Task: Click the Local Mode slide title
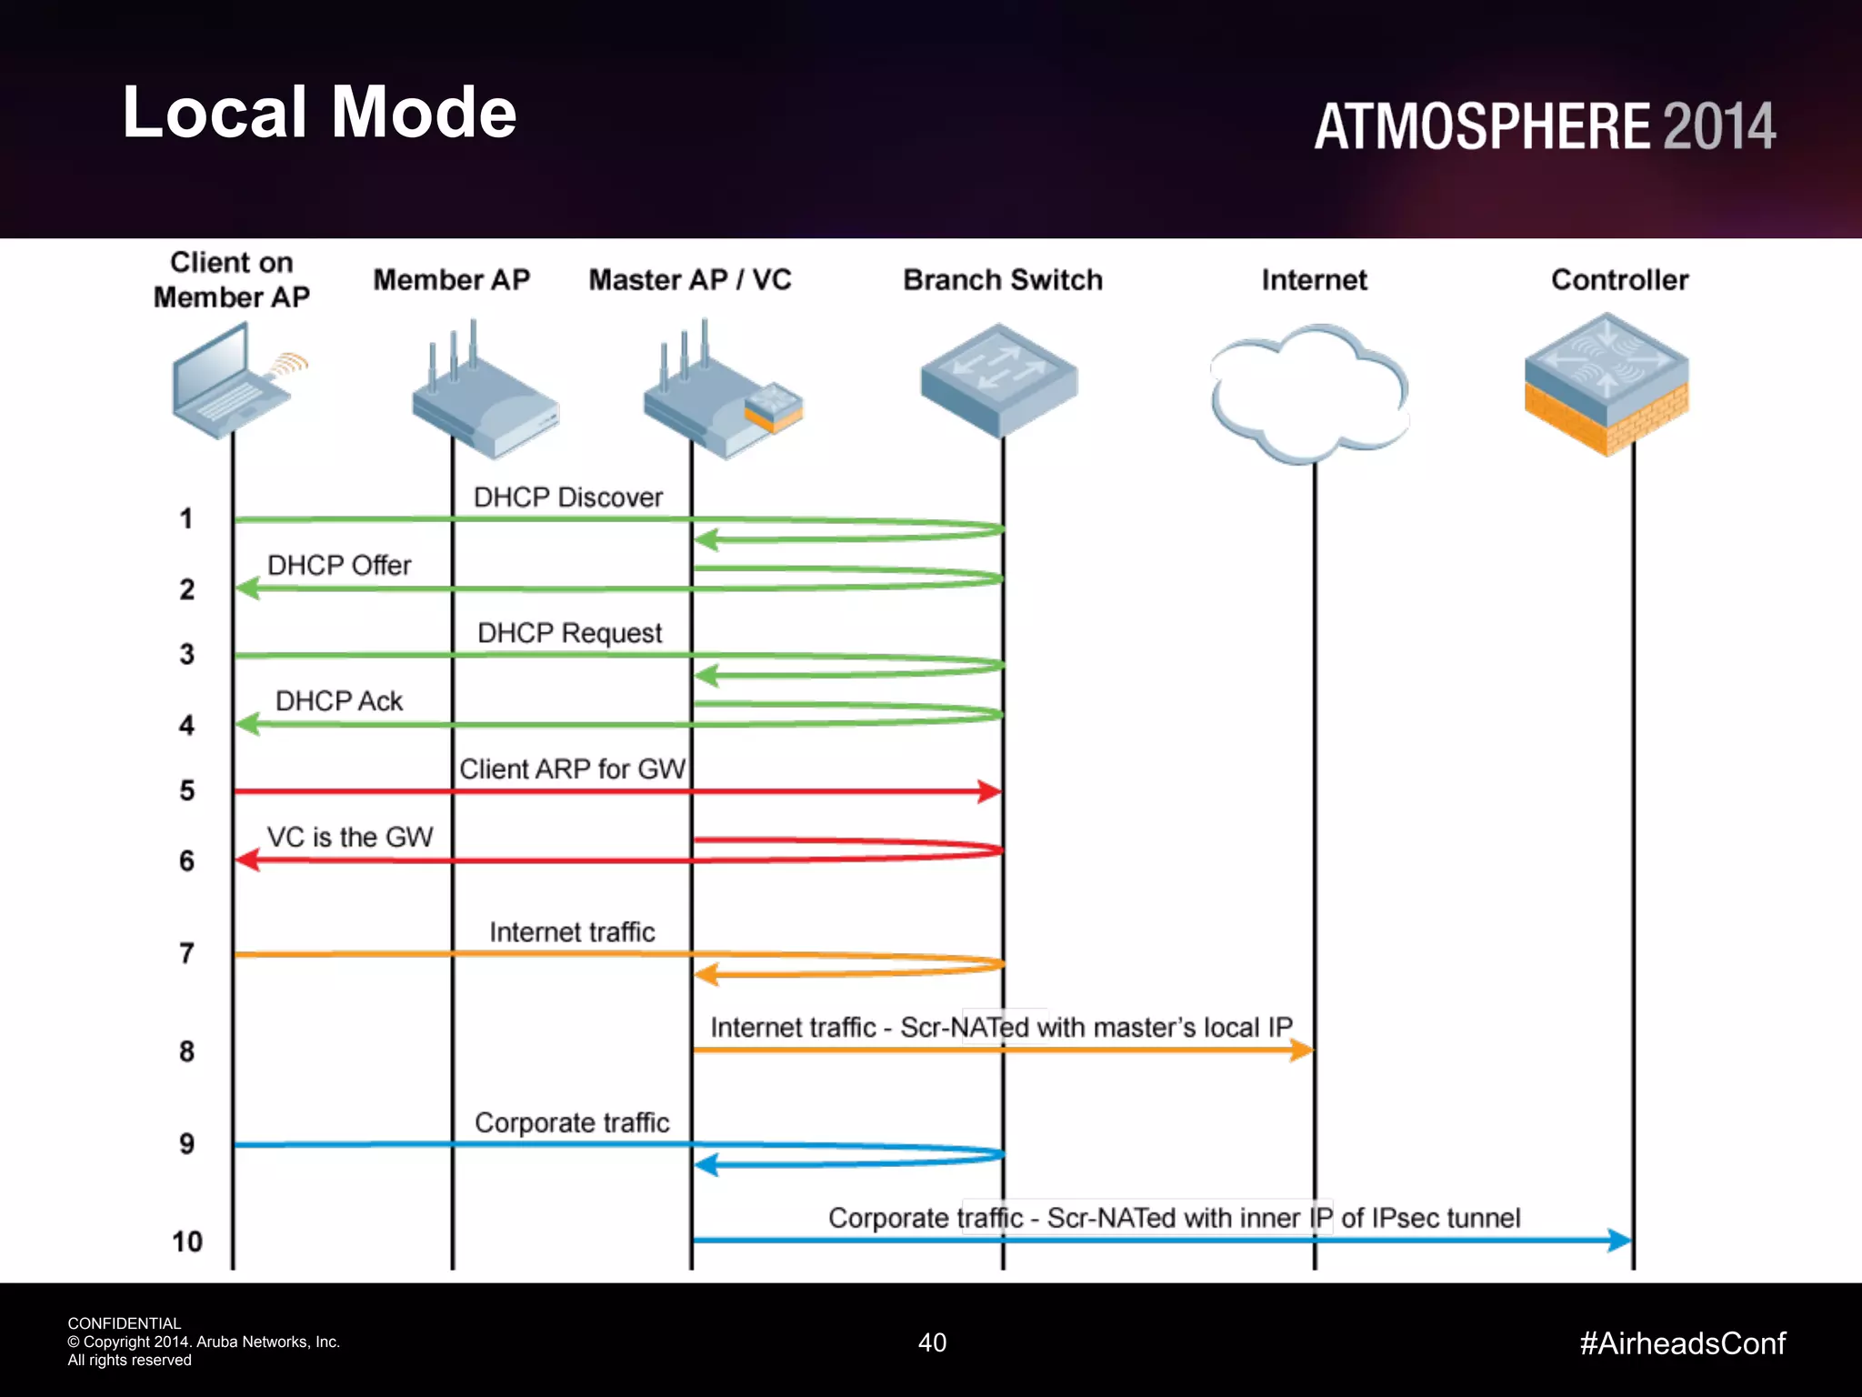click(x=319, y=112)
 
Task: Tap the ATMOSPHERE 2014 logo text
click(x=1544, y=126)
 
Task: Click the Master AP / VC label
click(x=690, y=280)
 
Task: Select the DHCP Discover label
click(x=568, y=497)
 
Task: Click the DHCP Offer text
click(x=339, y=566)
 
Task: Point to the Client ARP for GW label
click(x=572, y=769)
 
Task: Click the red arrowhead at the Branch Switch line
click(x=989, y=791)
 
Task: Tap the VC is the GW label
click(x=349, y=837)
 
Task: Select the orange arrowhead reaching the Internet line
click(x=1302, y=1050)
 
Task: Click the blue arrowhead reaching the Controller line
click(x=1619, y=1240)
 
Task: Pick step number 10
click(x=187, y=1241)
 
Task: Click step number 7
click(x=186, y=953)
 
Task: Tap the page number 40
click(x=932, y=1342)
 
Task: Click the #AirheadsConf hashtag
click(x=1682, y=1343)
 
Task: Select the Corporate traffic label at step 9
click(x=572, y=1123)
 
